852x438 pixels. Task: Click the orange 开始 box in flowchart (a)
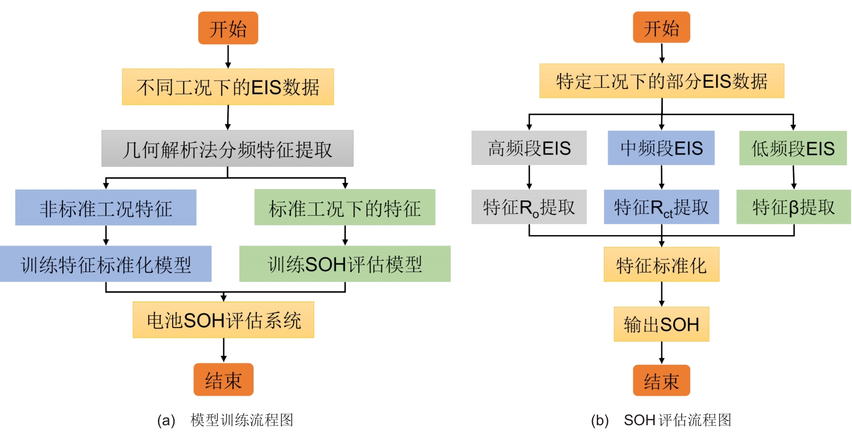[x=228, y=28]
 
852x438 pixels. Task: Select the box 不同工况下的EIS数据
[x=228, y=87]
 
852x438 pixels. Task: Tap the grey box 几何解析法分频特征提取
[x=227, y=149]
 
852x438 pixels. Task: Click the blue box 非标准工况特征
[x=106, y=208]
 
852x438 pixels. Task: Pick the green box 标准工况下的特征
[x=345, y=208]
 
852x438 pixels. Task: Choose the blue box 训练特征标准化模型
[x=106, y=264]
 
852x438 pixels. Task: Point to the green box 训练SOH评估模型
[x=345, y=264]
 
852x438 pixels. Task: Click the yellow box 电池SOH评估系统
[x=223, y=320]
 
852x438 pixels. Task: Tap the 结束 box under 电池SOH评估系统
[x=223, y=380]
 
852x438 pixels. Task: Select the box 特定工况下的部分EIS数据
[x=661, y=81]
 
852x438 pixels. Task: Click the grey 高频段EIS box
[x=529, y=148]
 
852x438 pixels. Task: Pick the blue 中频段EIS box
[x=661, y=148]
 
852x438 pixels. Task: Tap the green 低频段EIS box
[x=793, y=148]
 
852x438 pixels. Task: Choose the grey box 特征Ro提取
[x=529, y=207]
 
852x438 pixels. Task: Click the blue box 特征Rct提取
[x=661, y=207]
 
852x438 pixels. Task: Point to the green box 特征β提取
[x=793, y=207]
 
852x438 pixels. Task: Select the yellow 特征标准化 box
[x=661, y=265]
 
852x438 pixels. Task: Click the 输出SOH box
[x=661, y=324]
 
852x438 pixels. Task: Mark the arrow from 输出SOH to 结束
[x=662, y=353]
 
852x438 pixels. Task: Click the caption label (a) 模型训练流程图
[x=225, y=420]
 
